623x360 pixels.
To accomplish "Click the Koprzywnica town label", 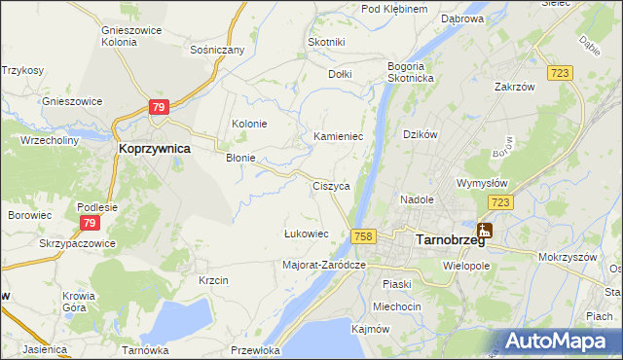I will coord(154,149).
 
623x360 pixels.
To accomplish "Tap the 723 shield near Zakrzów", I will coord(560,74).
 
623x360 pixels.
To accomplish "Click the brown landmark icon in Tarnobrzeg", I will coord(484,231).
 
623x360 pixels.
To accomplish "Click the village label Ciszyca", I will coord(331,185).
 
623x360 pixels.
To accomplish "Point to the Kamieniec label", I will coord(338,137).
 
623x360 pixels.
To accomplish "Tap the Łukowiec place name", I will coord(305,234).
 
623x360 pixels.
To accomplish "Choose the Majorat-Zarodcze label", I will coord(323,264).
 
